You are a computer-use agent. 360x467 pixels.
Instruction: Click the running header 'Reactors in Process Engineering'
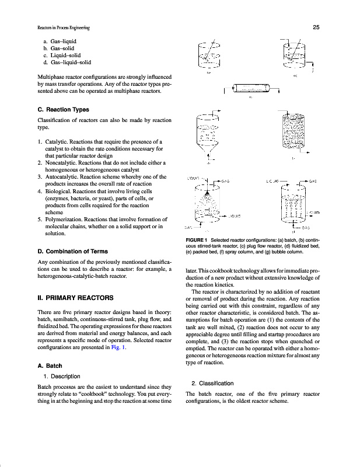pos(55,27)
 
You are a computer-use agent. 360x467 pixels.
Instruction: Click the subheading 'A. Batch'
pos(50,366)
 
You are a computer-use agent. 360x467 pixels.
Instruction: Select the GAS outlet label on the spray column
pos(225,181)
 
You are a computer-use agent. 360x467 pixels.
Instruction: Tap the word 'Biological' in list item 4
pos(59,190)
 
